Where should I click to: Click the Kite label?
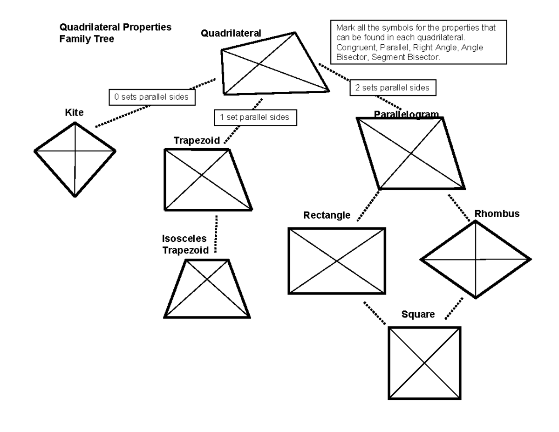tap(75, 113)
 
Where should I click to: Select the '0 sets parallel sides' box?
tap(151, 97)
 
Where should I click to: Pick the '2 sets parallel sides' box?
tap(392, 88)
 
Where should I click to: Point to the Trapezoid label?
tap(197, 141)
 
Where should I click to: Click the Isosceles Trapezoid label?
tap(184, 245)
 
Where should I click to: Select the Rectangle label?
tap(327, 215)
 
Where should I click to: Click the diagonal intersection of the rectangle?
tap(337, 261)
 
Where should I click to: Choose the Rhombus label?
tap(497, 214)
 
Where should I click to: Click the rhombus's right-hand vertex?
tap(530, 259)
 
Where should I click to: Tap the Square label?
tap(418, 315)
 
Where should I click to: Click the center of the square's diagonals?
tap(424, 363)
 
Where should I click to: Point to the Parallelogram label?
tap(406, 114)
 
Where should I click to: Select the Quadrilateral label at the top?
tap(231, 33)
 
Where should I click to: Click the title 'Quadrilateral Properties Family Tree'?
tap(115, 33)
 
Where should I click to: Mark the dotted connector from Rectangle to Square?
tap(375, 313)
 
